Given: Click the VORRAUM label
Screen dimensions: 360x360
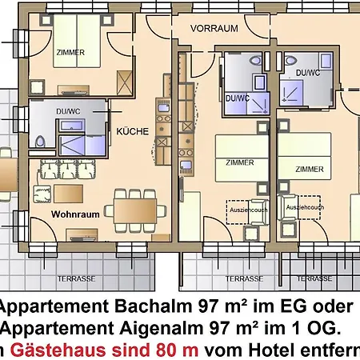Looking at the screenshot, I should point(214,27).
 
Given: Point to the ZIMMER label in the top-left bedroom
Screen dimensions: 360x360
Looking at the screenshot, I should point(70,52).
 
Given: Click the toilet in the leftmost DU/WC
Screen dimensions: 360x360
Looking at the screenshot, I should point(40,142).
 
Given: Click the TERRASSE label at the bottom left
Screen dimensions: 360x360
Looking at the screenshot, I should point(74,279).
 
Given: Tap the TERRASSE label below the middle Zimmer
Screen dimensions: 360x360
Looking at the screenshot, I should point(243,279).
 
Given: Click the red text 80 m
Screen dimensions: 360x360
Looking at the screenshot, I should point(178,350).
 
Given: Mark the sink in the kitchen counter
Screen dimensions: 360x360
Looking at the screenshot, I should point(185,166).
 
